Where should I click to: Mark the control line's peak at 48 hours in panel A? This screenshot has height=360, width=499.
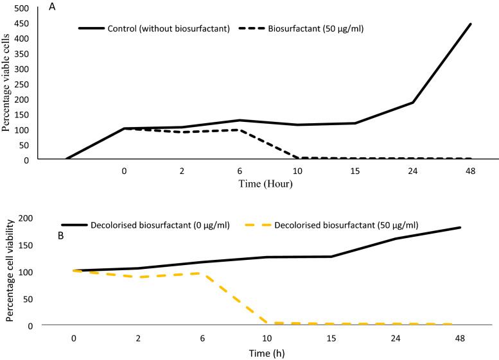[471, 24]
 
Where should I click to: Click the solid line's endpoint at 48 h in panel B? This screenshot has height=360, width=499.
[460, 228]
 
